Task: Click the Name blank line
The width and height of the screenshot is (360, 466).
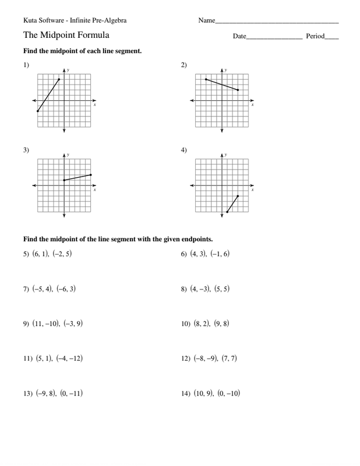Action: [277, 22]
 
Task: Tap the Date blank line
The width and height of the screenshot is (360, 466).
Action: [274, 38]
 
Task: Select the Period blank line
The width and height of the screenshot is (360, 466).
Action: [332, 38]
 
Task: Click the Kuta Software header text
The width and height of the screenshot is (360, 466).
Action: [75, 20]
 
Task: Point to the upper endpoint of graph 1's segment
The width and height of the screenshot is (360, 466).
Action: [59, 79]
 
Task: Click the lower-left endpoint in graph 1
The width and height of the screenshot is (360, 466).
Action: [37, 111]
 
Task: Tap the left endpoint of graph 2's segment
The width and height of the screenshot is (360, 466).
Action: [206, 79]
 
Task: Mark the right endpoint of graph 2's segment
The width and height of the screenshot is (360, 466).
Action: [238, 90]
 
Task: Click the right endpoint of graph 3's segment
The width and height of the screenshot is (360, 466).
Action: [91, 175]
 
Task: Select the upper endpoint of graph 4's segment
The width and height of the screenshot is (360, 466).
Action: [238, 196]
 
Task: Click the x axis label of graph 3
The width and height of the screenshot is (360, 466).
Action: [95, 190]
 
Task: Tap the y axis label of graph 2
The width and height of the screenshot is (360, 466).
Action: [226, 70]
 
